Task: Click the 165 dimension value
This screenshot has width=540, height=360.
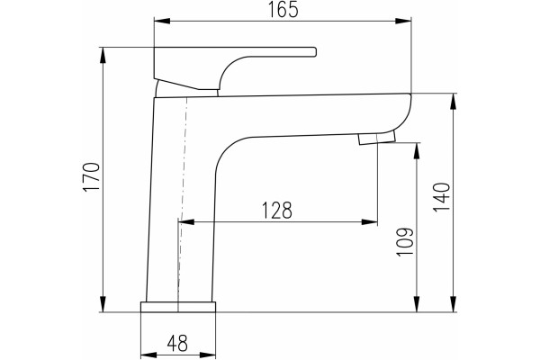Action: point(283,10)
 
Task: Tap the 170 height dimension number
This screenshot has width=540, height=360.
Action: point(92,176)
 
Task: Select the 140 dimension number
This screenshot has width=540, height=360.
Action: point(442,197)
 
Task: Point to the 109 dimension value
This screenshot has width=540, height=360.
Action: point(405,241)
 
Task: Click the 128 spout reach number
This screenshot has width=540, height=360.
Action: point(277,211)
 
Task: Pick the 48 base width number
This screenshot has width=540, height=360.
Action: point(177,344)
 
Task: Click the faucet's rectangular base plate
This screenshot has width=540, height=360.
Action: point(178,307)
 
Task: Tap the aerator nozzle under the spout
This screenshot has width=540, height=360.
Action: point(377,139)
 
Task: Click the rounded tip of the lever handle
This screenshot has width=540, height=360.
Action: point(314,51)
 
